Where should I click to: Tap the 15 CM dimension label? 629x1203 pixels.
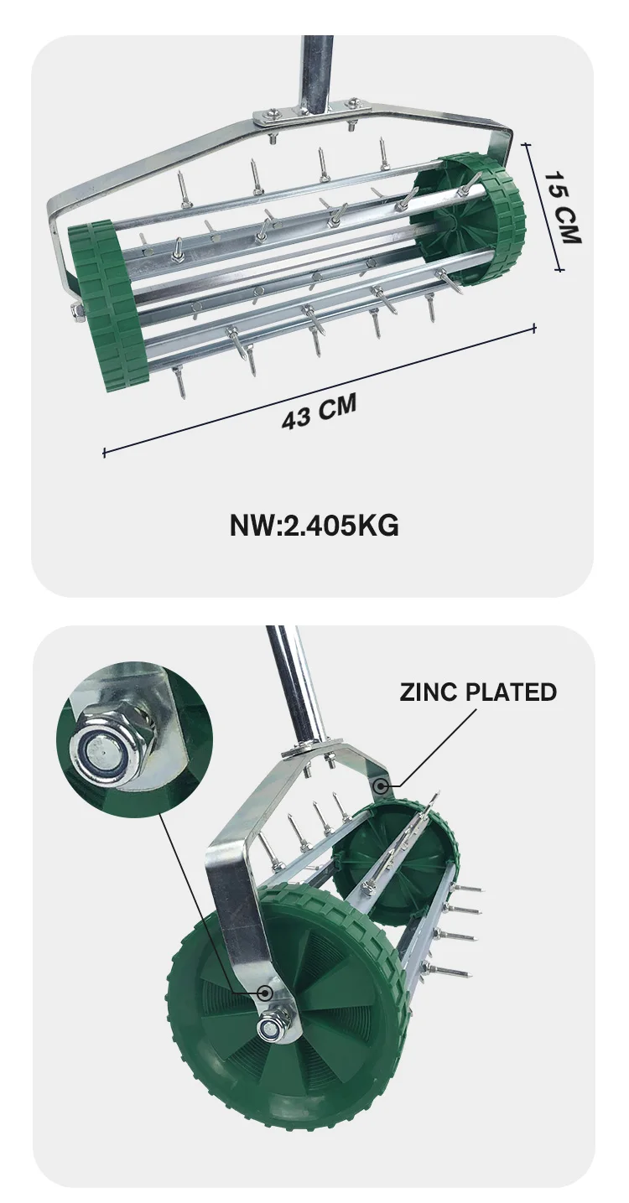tap(563, 207)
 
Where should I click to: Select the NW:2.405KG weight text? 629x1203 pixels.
tap(314, 526)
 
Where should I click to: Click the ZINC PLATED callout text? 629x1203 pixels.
tap(478, 692)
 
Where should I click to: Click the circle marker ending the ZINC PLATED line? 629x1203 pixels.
tap(382, 786)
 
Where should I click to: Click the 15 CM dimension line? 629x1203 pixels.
tap(543, 207)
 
